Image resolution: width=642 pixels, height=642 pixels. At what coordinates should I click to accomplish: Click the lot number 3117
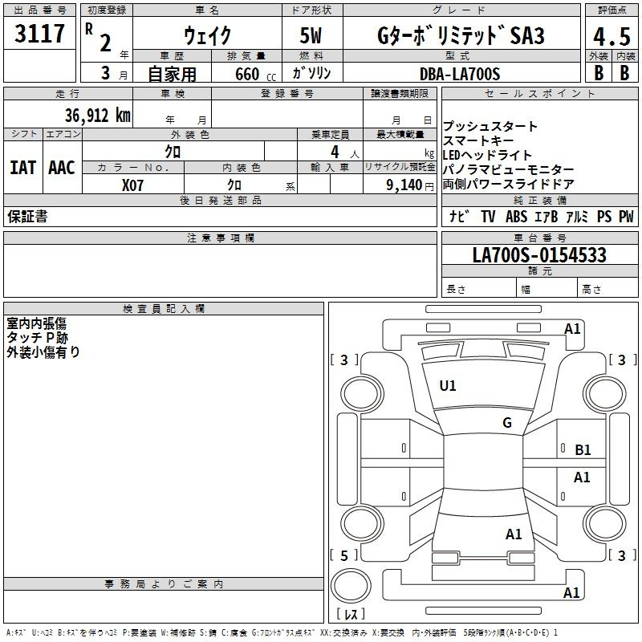tap(39, 34)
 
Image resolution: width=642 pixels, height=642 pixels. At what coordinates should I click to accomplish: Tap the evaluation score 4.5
tap(612, 36)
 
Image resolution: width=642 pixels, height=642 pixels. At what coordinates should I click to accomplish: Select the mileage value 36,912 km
tap(98, 116)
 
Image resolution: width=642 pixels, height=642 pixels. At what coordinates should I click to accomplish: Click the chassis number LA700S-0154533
tap(539, 254)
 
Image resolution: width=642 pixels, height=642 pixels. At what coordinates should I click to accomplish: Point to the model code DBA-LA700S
tap(460, 74)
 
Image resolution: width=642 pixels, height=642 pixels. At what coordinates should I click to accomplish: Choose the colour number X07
tap(132, 185)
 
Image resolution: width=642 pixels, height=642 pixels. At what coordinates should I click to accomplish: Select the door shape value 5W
tap(311, 35)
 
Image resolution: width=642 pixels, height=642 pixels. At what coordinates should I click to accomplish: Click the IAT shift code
tap(22, 168)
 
